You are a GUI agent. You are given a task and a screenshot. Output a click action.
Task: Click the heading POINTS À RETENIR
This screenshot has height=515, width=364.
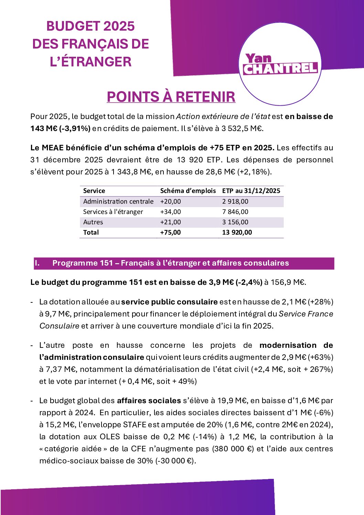pos(171,97)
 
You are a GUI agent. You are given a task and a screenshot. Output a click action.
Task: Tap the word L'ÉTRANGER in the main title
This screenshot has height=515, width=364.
pos(90,62)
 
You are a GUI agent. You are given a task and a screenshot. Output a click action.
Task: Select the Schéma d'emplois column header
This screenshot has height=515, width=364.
pos(188,191)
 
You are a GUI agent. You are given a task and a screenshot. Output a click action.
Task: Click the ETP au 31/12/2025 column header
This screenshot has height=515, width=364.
pos(251,191)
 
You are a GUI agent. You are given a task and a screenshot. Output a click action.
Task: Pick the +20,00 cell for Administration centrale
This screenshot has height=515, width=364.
pos(171,202)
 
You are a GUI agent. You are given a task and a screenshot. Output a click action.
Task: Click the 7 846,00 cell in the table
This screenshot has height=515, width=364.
pos(235,212)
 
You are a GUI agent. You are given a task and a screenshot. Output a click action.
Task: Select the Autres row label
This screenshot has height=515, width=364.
pos(93,222)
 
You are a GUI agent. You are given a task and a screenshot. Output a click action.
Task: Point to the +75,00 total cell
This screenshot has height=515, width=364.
pos(171,233)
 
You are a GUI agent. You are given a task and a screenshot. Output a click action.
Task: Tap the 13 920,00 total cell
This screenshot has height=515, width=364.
pos(237,233)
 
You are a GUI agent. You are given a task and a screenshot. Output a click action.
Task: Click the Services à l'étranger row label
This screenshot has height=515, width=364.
pos(113,212)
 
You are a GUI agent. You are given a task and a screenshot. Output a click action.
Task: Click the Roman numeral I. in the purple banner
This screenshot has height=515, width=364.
pos(37,263)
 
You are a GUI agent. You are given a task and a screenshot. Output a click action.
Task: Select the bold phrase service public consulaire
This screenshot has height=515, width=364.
pos(169,302)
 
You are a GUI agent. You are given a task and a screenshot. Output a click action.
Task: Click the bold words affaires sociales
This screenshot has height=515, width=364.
pos(149,401)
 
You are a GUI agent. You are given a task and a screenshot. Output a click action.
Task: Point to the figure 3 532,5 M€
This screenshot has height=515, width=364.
pos(242,129)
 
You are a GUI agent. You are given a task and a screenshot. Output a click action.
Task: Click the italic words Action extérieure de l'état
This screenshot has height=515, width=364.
pos(223,117)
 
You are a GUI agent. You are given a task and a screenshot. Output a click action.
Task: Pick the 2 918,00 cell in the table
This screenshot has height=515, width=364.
pos(235,202)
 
